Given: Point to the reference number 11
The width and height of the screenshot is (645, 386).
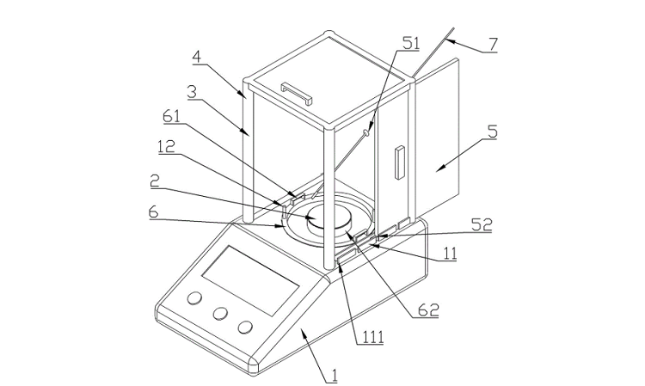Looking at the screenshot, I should click(449, 254).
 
